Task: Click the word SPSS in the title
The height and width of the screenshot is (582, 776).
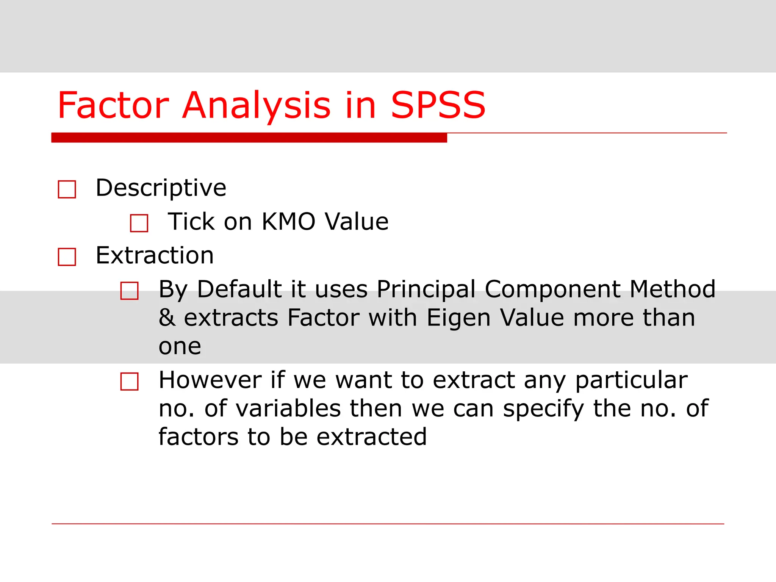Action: tap(438, 105)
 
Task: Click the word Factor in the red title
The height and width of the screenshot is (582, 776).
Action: tap(113, 105)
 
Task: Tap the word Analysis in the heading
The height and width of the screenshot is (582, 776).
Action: tap(257, 105)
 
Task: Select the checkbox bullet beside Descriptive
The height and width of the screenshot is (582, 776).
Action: tap(67, 189)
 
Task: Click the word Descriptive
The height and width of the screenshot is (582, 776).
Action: tap(161, 188)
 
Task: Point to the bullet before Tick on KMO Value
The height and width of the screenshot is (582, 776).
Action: tap(139, 223)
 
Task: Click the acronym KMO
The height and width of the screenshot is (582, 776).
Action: tap(288, 222)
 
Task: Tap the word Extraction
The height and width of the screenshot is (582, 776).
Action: tap(155, 255)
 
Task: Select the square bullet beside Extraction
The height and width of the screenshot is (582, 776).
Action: tap(67, 257)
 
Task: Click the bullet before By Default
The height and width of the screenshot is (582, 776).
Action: tap(130, 291)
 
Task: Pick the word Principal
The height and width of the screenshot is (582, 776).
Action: tap(426, 289)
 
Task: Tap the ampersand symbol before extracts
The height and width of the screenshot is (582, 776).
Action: tap(167, 318)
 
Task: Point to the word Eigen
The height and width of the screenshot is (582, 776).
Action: tap(458, 318)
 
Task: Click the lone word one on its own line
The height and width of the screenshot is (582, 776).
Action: tap(180, 346)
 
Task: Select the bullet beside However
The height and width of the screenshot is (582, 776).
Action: tap(130, 381)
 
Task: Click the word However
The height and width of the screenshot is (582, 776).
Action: tap(210, 380)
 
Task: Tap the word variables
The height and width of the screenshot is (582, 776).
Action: tap(288, 408)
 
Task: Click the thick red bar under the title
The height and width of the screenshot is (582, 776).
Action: tap(249, 138)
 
